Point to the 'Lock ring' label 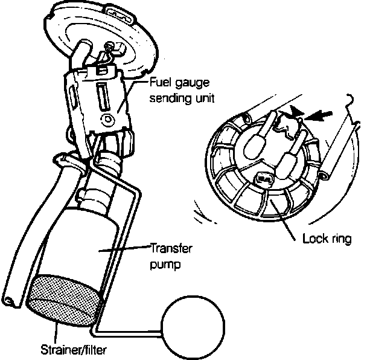coord(326,239)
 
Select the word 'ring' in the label coord(339,239)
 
